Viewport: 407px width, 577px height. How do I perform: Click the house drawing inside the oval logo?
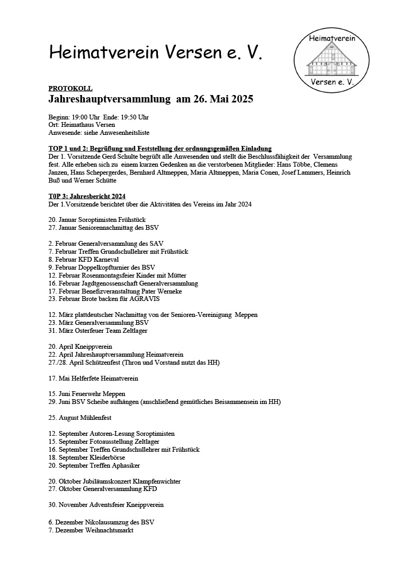pos(332,59)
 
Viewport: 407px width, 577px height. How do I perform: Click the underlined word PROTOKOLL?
pos(70,89)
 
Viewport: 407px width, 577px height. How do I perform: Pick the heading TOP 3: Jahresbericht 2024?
pos(87,196)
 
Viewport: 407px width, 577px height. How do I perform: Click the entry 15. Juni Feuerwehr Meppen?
pos(86,394)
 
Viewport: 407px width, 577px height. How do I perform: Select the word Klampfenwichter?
pos(158,481)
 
